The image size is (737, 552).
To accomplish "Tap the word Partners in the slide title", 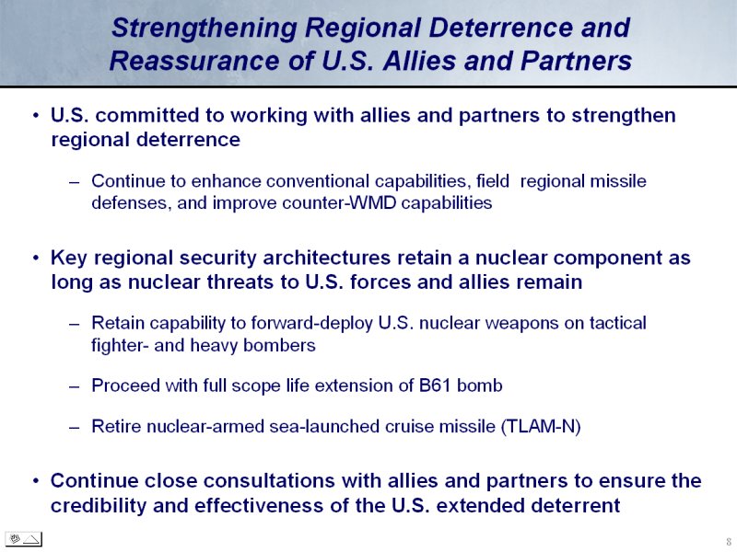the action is [x=576, y=61].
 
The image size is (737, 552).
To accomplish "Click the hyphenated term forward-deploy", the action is [x=311, y=324].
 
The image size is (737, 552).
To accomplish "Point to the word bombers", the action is [x=279, y=346].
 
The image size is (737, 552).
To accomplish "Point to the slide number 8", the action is [x=729, y=541].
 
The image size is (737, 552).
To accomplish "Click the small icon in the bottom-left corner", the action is [x=24, y=539].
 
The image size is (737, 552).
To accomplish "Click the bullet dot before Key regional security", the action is [x=36, y=258].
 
